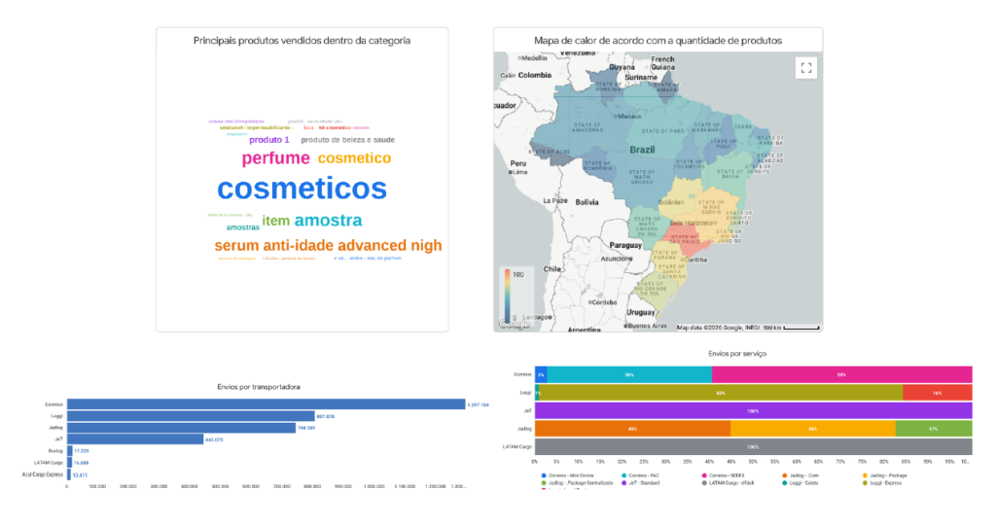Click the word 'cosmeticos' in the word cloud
(x=302, y=188)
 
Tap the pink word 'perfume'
(x=276, y=157)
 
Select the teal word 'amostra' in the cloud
(x=328, y=220)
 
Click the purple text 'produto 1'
(x=269, y=140)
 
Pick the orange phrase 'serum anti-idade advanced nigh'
(x=328, y=246)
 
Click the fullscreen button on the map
(x=804, y=67)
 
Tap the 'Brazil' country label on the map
(x=642, y=150)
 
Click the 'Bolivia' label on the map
(x=587, y=202)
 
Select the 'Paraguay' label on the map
(x=626, y=245)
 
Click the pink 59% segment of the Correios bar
(x=841, y=374)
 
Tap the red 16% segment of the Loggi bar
(x=937, y=393)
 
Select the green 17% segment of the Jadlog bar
(x=933, y=428)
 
